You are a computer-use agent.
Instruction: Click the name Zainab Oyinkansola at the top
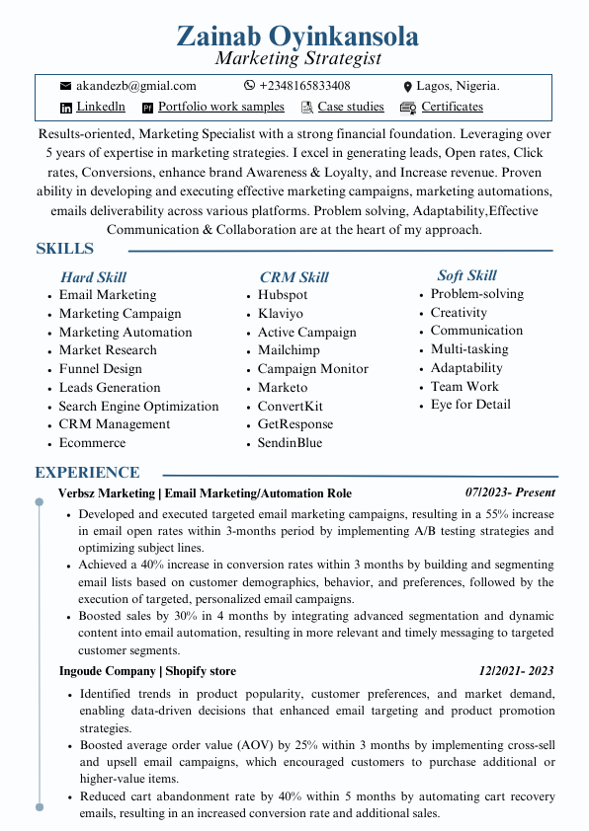click(296, 37)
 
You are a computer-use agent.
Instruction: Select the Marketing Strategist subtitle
click(297, 59)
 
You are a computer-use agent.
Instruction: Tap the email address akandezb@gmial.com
click(135, 86)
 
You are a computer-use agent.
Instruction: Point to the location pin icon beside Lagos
click(407, 87)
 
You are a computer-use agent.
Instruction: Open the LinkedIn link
click(101, 107)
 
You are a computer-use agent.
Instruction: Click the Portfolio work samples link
click(220, 107)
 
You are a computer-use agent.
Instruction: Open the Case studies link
click(351, 107)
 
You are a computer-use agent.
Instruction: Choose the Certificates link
click(452, 107)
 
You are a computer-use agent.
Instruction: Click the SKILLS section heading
click(65, 249)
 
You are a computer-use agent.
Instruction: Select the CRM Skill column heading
click(294, 277)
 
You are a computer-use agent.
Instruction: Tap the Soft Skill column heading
click(466, 275)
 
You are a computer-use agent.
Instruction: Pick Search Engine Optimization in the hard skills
click(138, 406)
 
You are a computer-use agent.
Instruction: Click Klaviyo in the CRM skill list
click(281, 314)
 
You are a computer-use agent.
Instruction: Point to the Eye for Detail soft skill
click(470, 405)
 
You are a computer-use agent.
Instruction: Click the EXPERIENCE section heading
click(87, 473)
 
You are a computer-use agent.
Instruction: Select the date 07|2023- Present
click(510, 492)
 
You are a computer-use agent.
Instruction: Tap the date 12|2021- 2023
click(517, 670)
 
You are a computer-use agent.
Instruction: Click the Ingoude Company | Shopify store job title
click(147, 671)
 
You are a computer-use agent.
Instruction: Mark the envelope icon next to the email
click(66, 87)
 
